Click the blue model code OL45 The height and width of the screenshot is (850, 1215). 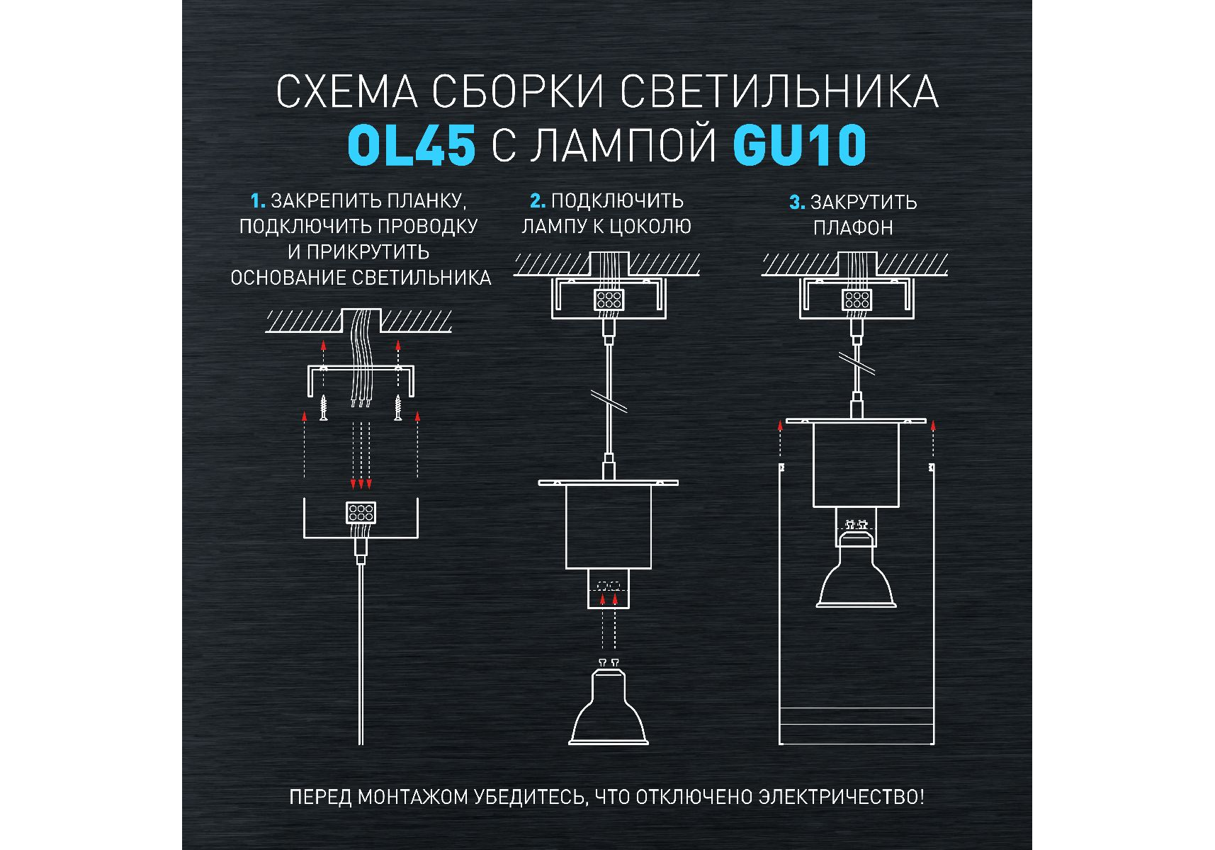pyautogui.click(x=411, y=145)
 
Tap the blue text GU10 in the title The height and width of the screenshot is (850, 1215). pyautogui.click(x=800, y=145)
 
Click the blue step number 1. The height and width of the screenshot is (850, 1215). pyautogui.click(x=258, y=201)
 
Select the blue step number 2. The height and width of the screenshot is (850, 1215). pyautogui.click(x=538, y=201)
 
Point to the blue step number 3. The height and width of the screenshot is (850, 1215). pyautogui.click(x=797, y=203)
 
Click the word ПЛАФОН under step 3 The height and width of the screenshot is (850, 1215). pyautogui.click(x=853, y=228)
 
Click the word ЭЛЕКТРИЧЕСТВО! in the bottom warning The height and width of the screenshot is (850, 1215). pyautogui.click(x=842, y=797)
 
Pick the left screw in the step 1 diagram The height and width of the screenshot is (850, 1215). pyautogui.click(x=323, y=407)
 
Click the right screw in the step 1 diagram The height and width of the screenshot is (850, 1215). pyautogui.click(x=398, y=407)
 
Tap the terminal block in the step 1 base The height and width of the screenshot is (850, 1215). pyautogui.click(x=361, y=513)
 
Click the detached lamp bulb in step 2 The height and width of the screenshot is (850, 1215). pyautogui.click(x=609, y=702)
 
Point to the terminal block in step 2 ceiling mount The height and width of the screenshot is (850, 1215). pyautogui.click(x=609, y=299)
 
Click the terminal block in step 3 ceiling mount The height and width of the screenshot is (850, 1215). pyautogui.click(x=857, y=299)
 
